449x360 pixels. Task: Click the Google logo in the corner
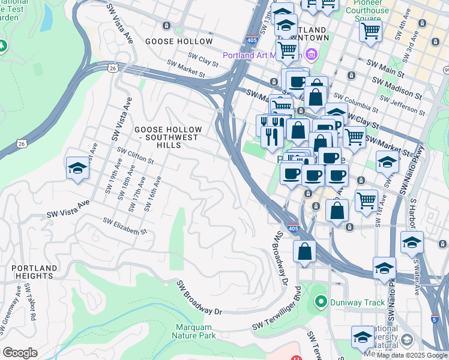(x=20, y=353)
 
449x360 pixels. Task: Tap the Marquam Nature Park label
(x=195, y=331)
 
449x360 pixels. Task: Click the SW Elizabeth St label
(x=125, y=226)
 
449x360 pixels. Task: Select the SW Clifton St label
(x=136, y=156)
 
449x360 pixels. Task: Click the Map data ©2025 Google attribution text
(x=412, y=355)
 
